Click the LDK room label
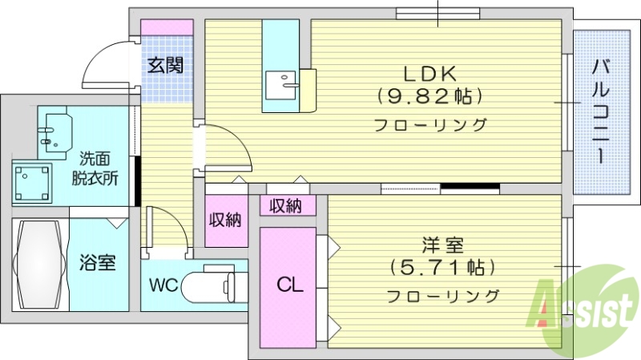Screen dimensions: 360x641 pos(429,74)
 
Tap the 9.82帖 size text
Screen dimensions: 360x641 pos(429,98)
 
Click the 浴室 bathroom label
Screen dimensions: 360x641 pos(97,262)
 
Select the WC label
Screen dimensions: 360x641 pos(163,285)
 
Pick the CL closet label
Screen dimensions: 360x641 pos(289,285)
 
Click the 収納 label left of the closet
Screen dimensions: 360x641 pos(225,219)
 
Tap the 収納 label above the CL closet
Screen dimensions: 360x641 pos(285,206)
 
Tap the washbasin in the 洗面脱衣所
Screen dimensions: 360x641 pos(56,133)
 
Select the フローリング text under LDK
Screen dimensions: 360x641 pos(429,125)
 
